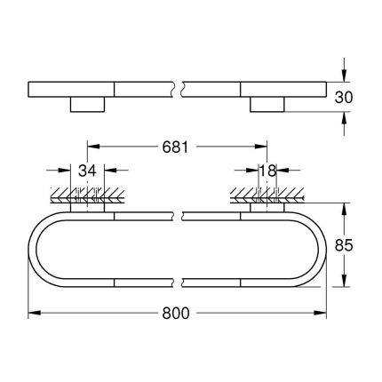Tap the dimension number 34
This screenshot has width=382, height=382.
coord(86,170)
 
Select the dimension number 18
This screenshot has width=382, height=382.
coord(268,170)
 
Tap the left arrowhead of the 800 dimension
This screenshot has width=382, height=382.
coord(33,314)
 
